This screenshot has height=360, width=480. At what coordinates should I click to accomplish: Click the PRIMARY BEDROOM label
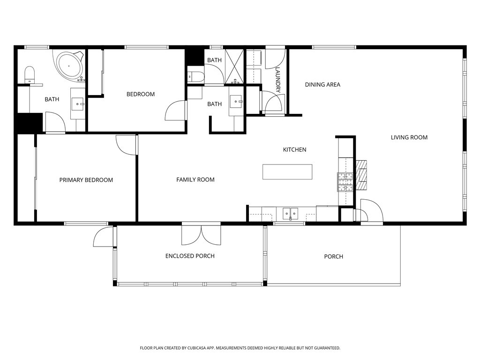point(86,180)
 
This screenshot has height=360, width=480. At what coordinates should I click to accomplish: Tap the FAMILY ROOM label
point(195,180)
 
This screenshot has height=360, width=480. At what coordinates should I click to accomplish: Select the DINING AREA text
point(322,85)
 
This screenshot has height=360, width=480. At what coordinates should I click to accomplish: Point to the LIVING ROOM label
point(409,137)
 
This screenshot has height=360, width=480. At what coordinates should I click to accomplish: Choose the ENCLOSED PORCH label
point(190,256)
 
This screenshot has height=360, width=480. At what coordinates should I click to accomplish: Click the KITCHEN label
point(294,150)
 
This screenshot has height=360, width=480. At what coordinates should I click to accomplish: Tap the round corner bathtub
point(69,64)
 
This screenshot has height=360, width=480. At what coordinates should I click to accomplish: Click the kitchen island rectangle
point(287,172)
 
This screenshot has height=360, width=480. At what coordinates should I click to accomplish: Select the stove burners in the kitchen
point(345,182)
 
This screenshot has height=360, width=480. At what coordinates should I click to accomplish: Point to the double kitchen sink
point(290,214)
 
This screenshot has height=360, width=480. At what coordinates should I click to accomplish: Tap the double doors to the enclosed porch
point(201,234)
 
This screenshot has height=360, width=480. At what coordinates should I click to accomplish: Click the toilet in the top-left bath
point(30,75)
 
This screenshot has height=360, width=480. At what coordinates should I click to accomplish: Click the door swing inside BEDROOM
point(176,111)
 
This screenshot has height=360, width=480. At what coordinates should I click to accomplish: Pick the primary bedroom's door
point(127,144)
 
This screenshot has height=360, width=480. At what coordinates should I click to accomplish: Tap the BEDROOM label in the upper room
point(140,94)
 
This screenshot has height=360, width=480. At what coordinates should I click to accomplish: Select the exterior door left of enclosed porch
point(104,237)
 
